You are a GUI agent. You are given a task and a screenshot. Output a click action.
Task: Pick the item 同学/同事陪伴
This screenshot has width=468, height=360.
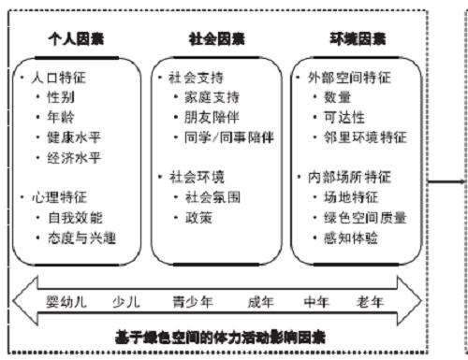(x=227, y=137)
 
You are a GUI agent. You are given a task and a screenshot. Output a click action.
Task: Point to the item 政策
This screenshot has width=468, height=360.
(x=198, y=217)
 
